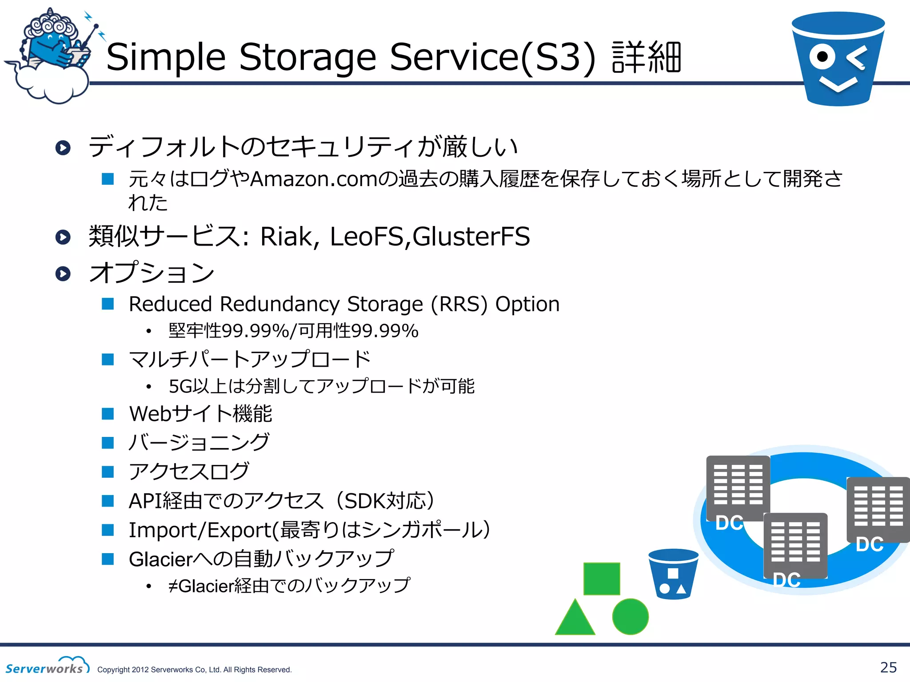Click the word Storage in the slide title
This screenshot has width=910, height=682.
(307, 58)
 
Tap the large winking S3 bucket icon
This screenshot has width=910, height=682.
(838, 60)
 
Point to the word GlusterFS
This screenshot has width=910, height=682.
(471, 237)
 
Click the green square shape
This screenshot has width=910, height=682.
(601, 579)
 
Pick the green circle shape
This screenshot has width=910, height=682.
(630, 616)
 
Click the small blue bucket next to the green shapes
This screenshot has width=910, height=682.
(673, 575)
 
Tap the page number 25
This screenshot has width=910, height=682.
(888, 667)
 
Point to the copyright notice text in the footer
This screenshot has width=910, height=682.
(194, 670)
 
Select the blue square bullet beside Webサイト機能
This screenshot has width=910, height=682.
(108, 414)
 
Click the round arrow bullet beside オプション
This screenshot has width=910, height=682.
(63, 274)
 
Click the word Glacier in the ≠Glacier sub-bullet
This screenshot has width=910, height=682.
(206, 587)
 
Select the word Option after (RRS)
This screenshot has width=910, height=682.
(527, 305)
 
